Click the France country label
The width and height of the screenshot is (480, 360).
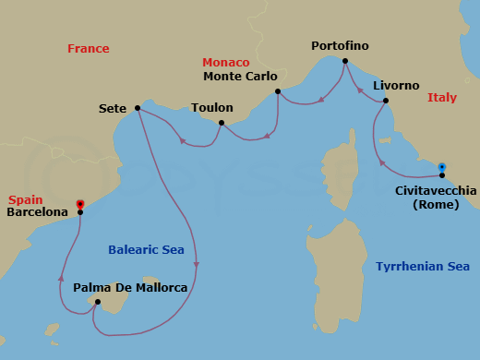tap(89, 49)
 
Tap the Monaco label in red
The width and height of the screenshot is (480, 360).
tap(226, 62)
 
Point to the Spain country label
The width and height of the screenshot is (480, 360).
tap(26, 199)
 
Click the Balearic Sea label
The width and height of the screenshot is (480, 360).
tap(146, 249)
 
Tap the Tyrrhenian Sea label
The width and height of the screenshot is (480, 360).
tap(423, 266)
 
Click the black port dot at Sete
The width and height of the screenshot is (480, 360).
tap(138, 108)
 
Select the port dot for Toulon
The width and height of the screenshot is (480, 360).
tap(222, 123)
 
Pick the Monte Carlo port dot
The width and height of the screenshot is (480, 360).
tap(278, 91)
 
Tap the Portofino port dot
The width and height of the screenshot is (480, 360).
tap(344, 62)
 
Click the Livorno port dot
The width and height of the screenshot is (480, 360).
tap(385, 101)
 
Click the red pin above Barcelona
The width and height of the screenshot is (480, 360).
tap(80, 203)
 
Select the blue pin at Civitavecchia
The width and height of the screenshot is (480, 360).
tap(442, 167)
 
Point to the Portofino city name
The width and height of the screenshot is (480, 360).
tap(340, 46)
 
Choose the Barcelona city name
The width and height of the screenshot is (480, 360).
tap(38, 212)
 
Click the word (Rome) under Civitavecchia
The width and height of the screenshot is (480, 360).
tap(436, 205)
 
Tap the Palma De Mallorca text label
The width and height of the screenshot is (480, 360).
tap(130, 288)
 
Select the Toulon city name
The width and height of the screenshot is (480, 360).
tap(211, 108)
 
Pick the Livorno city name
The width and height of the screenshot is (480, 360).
tap(396, 85)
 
